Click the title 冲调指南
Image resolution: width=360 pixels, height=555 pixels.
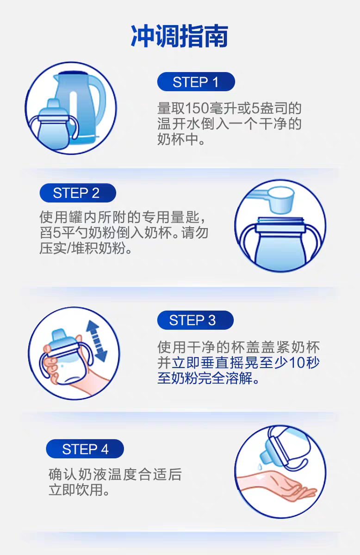point(180,36)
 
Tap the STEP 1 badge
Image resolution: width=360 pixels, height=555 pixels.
point(196,82)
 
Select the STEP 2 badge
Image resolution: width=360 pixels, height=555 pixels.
point(78,193)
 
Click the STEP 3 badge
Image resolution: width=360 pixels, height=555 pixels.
point(195,320)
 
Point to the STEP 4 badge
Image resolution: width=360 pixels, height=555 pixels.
point(85,449)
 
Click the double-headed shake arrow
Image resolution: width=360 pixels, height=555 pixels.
point(97,341)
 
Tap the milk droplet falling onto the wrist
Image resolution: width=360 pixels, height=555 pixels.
point(260,467)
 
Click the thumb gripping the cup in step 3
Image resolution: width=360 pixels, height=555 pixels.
point(48,349)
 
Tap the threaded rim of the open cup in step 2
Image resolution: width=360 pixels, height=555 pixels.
point(280,220)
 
